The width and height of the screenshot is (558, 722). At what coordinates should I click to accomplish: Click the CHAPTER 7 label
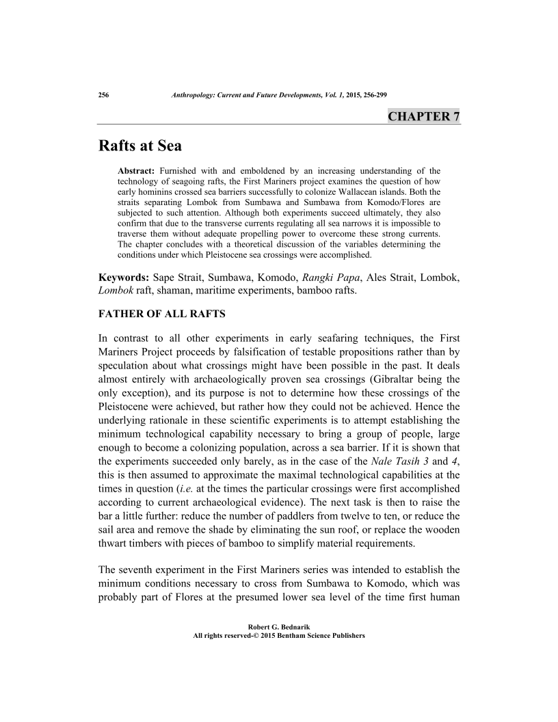point(423,116)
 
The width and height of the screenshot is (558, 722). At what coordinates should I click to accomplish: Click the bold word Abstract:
point(137,170)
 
